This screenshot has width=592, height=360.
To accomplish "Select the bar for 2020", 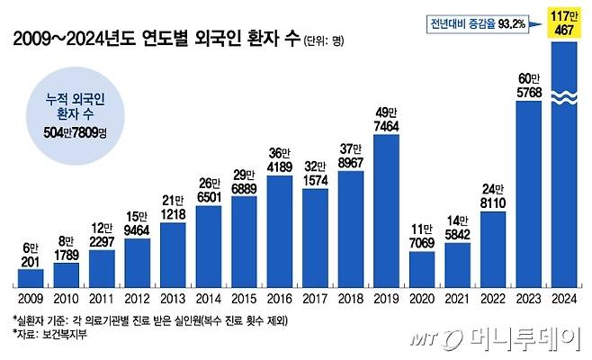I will click(x=426, y=265).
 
